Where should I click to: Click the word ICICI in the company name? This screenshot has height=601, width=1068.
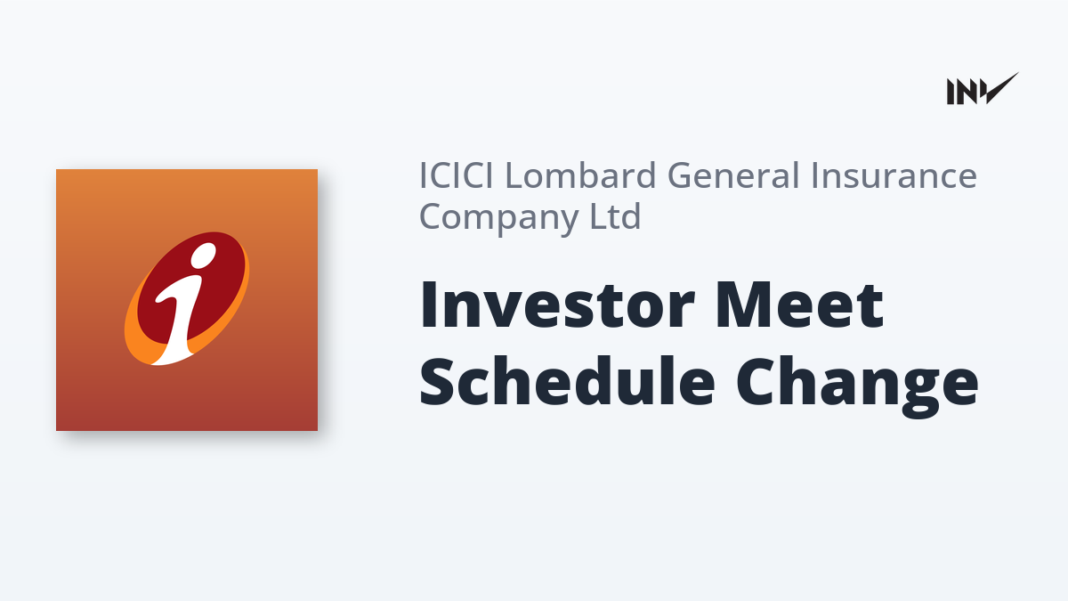click(x=457, y=175)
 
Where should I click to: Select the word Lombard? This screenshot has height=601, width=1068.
click(x=580, y=175)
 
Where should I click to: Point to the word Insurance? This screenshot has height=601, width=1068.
click(x=894, y=175)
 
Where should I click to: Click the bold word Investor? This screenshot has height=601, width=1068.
click(x=557, y=305)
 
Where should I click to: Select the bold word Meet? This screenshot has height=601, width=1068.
click(x=800, y=305)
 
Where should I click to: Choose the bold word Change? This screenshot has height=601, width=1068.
click(x=857, y=386)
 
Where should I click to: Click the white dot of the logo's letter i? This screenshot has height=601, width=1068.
click(x=204, y=256)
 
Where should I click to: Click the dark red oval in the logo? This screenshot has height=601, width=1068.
click(x=191, y=287)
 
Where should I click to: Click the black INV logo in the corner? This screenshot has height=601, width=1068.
click(x=983, y=89)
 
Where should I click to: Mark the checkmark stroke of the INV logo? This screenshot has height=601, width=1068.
click(x=1000, y=88)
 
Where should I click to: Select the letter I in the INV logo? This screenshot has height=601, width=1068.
click(x=951, y=92)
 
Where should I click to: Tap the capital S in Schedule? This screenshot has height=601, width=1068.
click(x=436, y=381)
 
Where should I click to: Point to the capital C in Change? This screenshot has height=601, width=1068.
click(x=756, y=381)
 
